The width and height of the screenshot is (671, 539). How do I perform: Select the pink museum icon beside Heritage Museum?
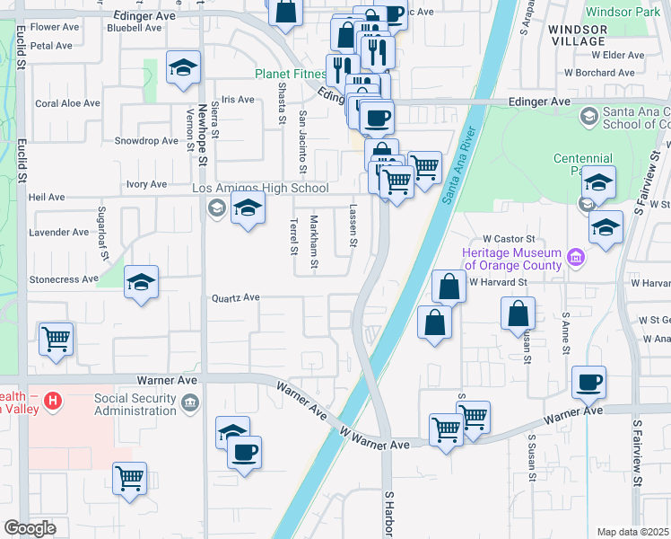click(x=575, y=260)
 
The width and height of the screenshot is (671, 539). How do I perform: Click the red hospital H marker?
click(x=53, y=400)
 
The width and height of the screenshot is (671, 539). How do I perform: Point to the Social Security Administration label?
click(x=135, y=404)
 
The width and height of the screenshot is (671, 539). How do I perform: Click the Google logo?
click(x=29, y=528)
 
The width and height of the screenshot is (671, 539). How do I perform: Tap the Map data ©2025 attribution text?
click(x=633, y=532)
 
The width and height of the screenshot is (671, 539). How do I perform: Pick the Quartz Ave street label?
click(x=235, y=297)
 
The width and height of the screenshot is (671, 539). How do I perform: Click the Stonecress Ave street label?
click(x=64, y=279)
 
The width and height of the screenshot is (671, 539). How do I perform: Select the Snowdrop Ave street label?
click(x=146, y=141)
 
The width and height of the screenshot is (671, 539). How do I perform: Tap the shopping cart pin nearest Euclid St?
click(x=56, y=340)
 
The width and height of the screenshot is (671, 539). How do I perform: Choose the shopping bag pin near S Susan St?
click(x=518, y=314)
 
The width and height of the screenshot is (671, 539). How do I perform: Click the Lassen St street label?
click(x=353, y=225)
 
